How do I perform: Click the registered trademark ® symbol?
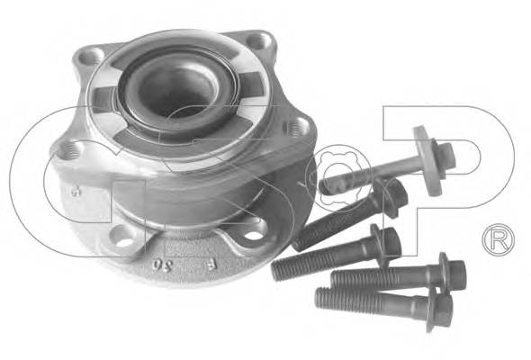click(496, 240)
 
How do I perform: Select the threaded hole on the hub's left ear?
click(68, 149)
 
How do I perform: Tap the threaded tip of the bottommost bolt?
click(324, 295)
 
